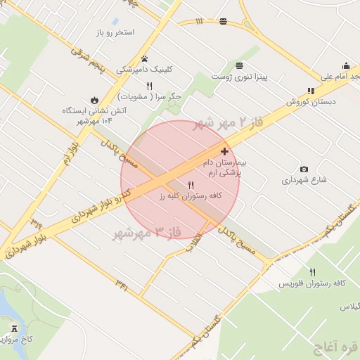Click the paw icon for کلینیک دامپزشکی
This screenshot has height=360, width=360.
click(145, 58)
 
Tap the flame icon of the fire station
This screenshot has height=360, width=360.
click(95, 99)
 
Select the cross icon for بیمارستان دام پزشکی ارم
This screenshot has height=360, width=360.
click(224, 151)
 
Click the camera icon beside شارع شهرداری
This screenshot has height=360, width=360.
click(304, 169)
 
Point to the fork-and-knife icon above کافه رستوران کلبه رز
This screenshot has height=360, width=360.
click(191, 185)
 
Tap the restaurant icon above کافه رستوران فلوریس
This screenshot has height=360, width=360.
click(312, 272)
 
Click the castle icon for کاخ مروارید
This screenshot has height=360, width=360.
click(15, 328)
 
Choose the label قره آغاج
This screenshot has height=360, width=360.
click(336, 347)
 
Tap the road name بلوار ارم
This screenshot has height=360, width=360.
click(68, 151)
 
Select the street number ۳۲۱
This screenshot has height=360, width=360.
click(122, 286)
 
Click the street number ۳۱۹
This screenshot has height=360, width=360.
click(36, 224)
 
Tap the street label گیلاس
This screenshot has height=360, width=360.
click(349, 307)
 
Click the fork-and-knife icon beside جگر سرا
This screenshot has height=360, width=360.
click(149, 86)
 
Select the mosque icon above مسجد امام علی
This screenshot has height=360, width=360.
click(345, 65)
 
